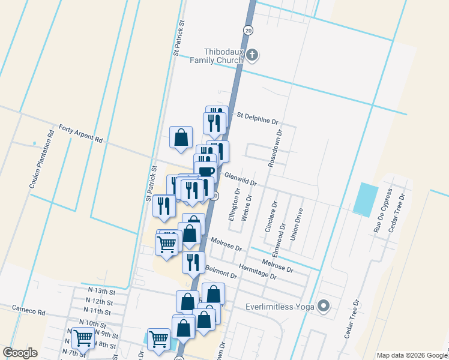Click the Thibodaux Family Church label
(215, 56)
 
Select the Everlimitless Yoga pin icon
(324, 307)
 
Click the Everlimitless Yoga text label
(280, 307)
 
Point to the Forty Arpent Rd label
(80, 133)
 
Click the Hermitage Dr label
(258, 272)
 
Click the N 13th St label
(100, 291)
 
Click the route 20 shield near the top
(247, 29)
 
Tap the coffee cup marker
(205, 171)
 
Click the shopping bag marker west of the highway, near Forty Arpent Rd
(181, 138)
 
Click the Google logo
(20, 353)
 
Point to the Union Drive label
(298, 224)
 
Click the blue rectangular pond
(366, 200)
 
